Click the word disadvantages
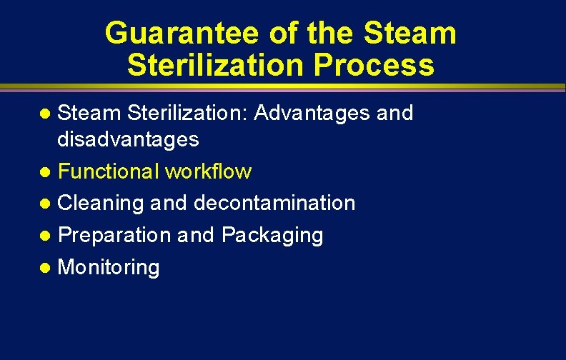(x=128, y=139)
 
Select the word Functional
(x=109, y=171)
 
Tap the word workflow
(x=208, y=171)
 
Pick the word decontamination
(x=274, y=203)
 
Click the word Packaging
(x=272, y=235)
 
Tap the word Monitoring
(x=108, y=268)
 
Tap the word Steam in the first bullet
(x=88, y=113)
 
